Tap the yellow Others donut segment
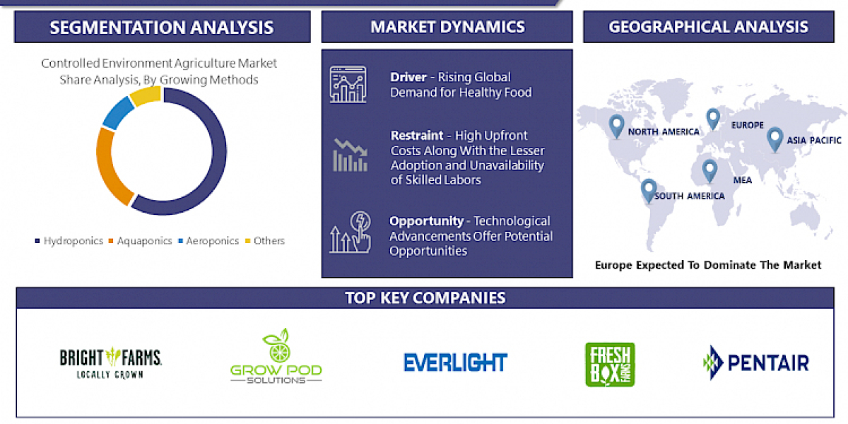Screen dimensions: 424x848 click(146, 95)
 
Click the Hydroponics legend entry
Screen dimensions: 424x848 click(69, 241)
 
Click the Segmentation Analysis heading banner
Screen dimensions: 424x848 click(162, 28)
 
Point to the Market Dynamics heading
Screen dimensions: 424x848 click(447, 28)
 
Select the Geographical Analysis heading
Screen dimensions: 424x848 click(708, 28)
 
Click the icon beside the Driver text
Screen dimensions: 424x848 click(348, 84)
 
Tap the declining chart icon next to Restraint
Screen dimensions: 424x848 click(351, 155)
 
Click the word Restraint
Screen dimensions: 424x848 click(416, 135)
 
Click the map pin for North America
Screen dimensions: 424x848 click(617, 126)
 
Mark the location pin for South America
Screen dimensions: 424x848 click(648, 189)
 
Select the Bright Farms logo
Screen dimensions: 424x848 click(110, 363)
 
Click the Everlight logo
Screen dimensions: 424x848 click(455, 363)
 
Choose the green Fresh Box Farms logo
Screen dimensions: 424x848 click(610, 364)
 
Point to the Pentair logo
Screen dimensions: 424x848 click(756, 363)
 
